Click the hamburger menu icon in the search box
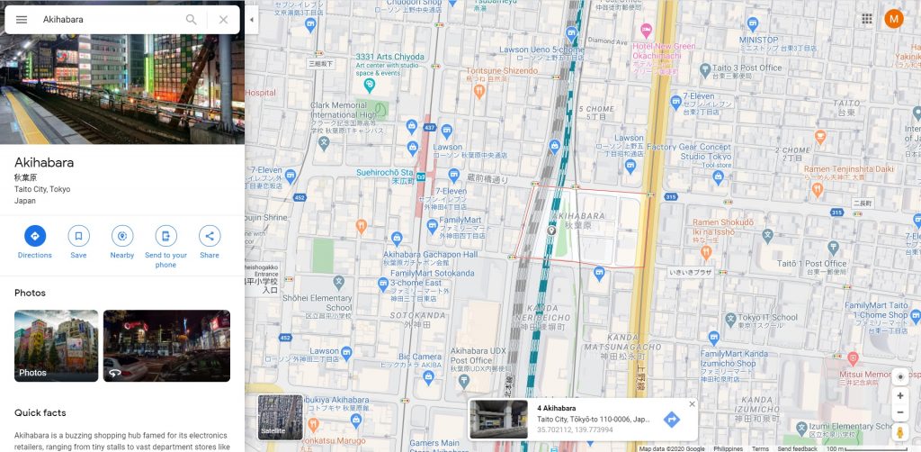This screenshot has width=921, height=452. (22, 19)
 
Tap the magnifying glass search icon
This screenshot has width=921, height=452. (192, 19)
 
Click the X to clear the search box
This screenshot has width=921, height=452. (224, 19)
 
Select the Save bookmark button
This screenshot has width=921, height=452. (78, 236)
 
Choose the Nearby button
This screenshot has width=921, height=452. (122, 236)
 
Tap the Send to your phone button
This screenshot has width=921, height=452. (165, 236)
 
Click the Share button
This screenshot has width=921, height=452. (210, 236)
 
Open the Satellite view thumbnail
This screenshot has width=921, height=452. (281, 417)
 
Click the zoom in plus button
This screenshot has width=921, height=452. (900, 395)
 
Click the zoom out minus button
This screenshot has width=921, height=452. (900, 412)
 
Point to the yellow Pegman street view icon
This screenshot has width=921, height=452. (900, 434)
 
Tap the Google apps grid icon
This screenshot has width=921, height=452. (867, 19)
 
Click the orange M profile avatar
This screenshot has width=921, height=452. (894, 19)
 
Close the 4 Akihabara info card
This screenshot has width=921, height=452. (692, 404)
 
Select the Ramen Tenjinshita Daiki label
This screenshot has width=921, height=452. (849, 168)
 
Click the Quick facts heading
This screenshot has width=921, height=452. (40, 412)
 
